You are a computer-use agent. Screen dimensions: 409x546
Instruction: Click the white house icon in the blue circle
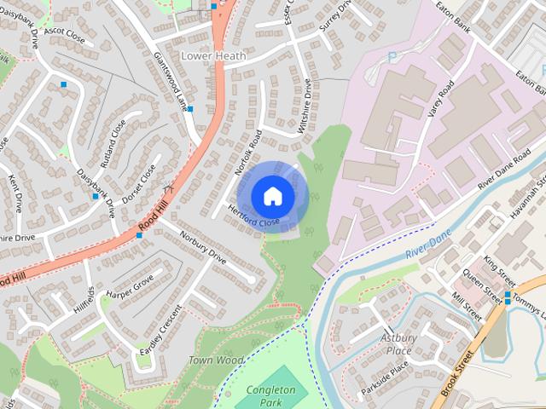[x=272, y=196]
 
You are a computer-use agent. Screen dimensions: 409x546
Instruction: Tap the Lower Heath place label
[x=213, y=56]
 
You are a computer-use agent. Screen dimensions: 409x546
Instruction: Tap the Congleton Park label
[x=271, y=396]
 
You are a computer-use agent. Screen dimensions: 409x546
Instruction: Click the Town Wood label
[x=216, y=360]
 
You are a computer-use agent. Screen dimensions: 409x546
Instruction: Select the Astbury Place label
[x=398, y=344]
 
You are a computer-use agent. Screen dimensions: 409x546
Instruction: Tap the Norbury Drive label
[x=203, y=246]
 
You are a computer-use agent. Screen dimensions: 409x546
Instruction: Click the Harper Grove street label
[x=130, y=289]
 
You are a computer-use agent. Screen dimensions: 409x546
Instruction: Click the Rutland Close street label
[x=113, y=141]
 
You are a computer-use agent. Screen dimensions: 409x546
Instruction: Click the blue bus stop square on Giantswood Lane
[x=190, y=109]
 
